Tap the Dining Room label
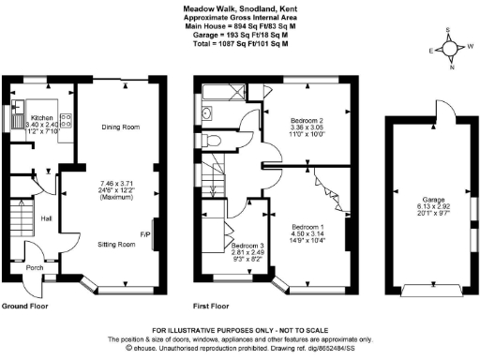[120, 127]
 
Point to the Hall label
[45, 219]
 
